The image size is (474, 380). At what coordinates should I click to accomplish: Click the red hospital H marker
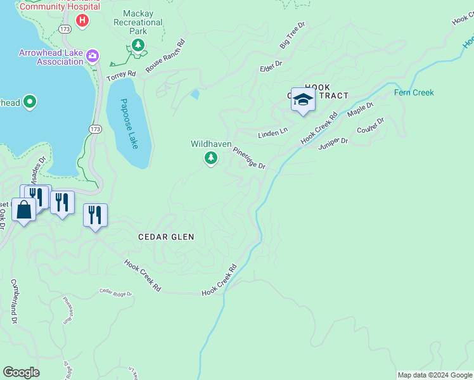(x=82, y=21)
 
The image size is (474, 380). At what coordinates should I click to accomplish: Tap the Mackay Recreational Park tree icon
(x=138, y=45)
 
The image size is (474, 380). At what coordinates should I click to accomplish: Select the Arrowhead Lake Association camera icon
(x=93, y=56)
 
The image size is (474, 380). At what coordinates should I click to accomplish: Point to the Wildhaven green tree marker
(x=211, y=158)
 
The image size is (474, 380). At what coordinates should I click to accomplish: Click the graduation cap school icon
(x=304, y=100)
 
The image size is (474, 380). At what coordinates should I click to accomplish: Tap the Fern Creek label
(x=414, y=92)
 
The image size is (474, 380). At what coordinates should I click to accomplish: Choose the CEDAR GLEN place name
(x=166, y=237)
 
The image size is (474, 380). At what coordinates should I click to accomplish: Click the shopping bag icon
(x=23, y=210)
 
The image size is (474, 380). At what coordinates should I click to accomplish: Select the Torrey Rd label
(x=121, y=75)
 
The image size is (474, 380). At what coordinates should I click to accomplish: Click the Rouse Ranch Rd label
(x=165, y=56)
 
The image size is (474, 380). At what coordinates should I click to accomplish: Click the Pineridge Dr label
(x=249, y=158)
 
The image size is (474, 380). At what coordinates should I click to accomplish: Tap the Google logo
(x=21, y=372)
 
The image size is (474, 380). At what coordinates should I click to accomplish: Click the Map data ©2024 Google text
(x=435, y=375)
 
